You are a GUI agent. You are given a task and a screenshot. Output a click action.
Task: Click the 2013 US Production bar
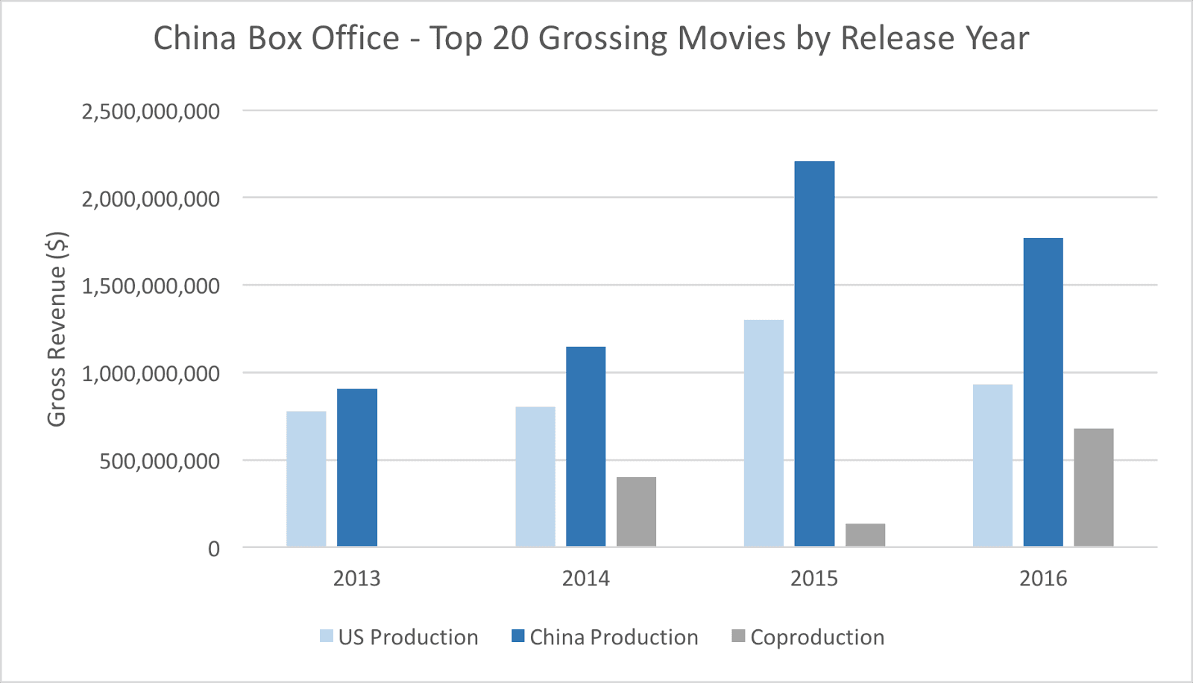(x=306, y=479)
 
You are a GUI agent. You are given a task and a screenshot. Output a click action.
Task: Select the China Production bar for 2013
(x=356, y=468)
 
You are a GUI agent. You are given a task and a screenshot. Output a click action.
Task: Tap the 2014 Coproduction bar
(x=636, y=512)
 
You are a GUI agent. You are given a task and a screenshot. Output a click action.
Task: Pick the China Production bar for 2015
(x=814, y=354)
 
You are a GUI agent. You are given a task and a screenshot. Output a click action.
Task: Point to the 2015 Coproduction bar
(x=865, y=535)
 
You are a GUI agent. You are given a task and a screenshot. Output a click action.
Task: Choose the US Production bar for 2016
(x=992, y=465)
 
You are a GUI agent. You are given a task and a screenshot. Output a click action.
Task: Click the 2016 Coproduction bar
(x=1093, y=487)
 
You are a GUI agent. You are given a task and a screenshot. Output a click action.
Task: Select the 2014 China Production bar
(x=585, y=447)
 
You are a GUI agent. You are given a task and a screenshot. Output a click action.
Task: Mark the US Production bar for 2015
(x=764, y=433)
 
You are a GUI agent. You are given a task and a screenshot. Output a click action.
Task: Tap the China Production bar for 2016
(x=1043, y=392)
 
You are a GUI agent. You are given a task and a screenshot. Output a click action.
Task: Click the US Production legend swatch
(x=327, y=636)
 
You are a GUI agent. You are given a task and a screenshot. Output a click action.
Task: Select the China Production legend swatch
(x=518, y=636)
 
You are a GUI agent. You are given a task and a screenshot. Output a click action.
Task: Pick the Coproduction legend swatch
(x=738, y=636)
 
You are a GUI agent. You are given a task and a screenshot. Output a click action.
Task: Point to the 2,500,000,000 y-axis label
(x=151, y=112)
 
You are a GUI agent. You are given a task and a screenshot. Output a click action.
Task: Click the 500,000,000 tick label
(x=160, y=461)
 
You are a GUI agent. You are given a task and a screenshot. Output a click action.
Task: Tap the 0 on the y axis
(x=214, y=549)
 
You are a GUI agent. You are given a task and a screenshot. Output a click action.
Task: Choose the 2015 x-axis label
(x=814, y=579)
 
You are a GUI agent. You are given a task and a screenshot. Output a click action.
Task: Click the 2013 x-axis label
(x=356, y=579)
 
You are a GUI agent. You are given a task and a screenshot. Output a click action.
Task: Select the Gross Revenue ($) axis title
(x=57, y=329)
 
